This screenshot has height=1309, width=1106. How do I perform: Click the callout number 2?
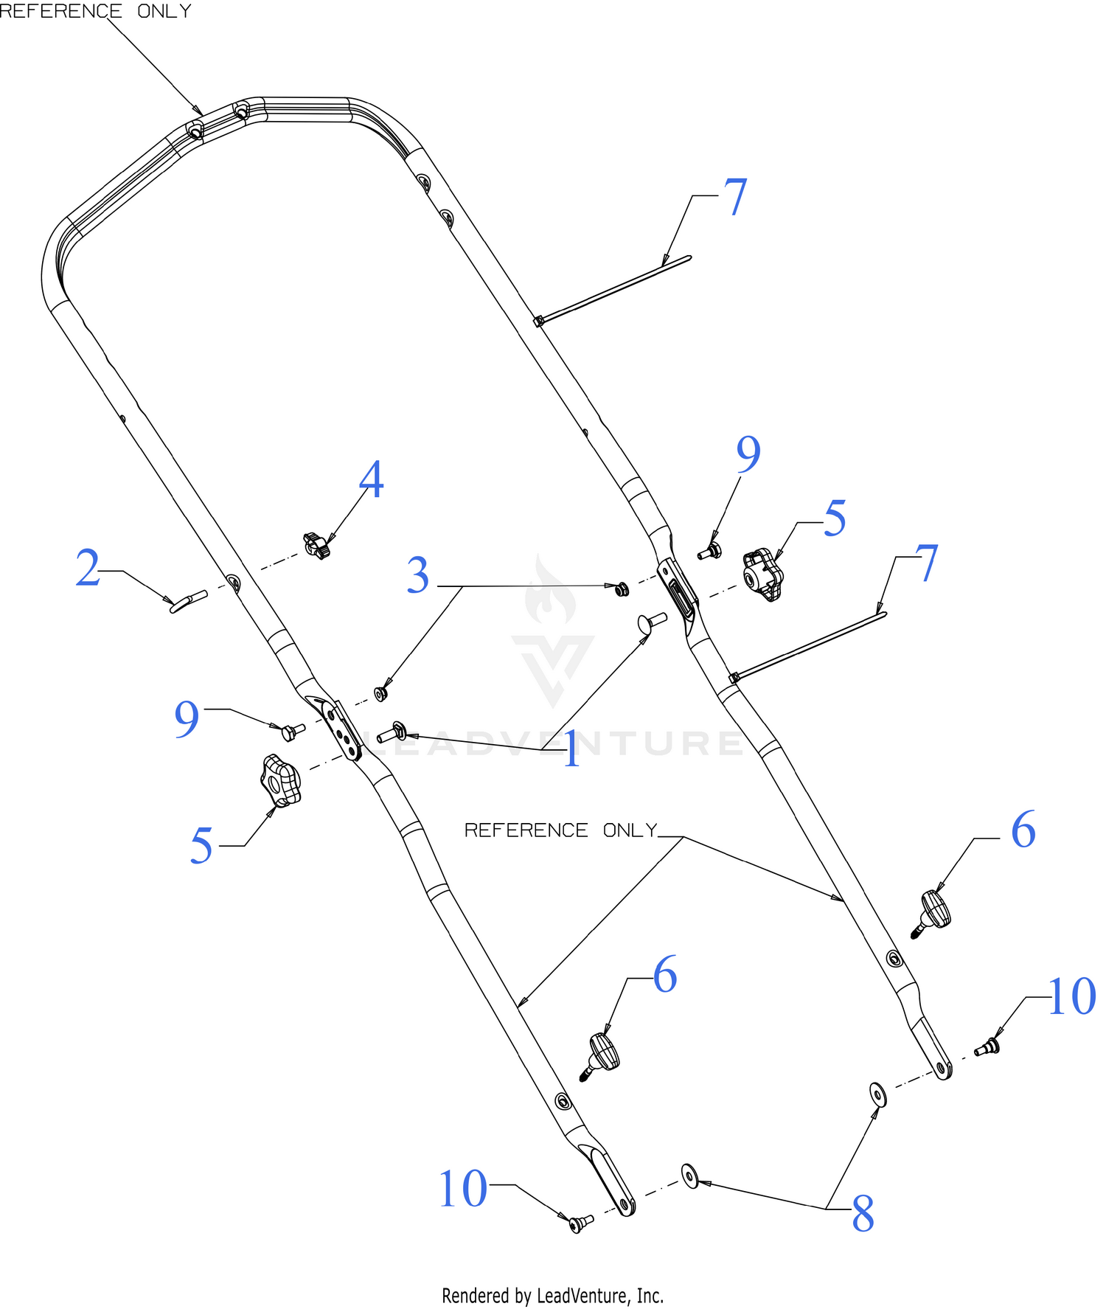pyautogui.click(x=88, y=568)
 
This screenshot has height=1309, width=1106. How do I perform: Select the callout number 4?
pyautogui.click(x=372, y=479)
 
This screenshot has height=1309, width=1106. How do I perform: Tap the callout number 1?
pyautogui.click(x=572, y=751)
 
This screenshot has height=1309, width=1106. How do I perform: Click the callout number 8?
pyautogui.click(x=863, y=1213)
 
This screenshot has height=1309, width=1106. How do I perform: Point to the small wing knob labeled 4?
pyautogui.click(x=316, y=546)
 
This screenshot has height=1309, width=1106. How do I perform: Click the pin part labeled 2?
pyautogui.click(x=189, y=601)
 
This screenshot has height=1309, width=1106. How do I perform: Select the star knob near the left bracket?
pyautogui.click(x=280, y=781)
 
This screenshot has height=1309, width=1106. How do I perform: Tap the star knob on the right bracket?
pyautogui.click(x=762, y=574)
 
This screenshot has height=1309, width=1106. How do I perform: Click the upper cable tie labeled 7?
pyautogui.click(x=613, y=289)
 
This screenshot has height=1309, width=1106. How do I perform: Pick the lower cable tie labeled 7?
pyautogui.click(x=807, y=646)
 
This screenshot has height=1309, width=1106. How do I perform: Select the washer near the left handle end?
pyautogui.click(x=690, y=1176)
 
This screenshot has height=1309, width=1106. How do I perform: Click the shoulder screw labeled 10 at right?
pyautogui.click(x=987, y=1046)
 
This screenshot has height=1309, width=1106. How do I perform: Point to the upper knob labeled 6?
pyautogui.click(x=933, y=913)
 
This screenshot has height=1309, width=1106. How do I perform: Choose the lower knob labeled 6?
pyautogui.click(x=601, y=1056)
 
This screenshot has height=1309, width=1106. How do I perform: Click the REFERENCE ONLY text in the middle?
pyautogui.click(x=560, y=830)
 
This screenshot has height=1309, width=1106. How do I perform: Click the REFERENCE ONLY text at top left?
pyautogui.click(x=95, y=10)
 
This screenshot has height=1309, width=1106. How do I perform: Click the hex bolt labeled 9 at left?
pyautogui.click(x=293, y=732)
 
